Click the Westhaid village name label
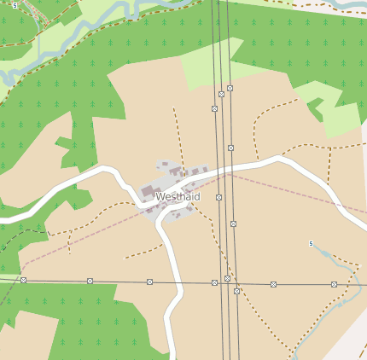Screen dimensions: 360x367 point(178,197)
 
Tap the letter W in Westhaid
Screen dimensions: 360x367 point(160,197)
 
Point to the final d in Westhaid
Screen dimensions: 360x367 point(197,197)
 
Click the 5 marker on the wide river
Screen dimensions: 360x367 point(15,5)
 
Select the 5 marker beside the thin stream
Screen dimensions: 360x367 point(311,244)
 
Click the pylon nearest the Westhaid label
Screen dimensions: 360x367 point(218,197)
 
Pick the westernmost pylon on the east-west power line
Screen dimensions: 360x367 point(23,280)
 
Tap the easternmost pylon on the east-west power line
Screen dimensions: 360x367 point(334,284)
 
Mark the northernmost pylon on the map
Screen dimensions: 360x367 point(230,88)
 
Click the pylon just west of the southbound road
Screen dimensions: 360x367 point(149,282)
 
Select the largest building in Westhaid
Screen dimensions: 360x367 point(150,189)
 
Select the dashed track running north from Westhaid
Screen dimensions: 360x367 point(178,136)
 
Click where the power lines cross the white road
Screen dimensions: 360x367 point(224,170)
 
